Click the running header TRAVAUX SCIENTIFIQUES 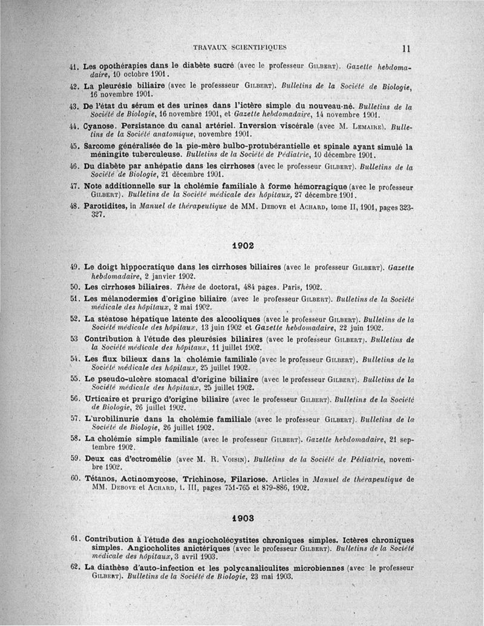click(x=240, y=47)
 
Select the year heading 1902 click(x=242, y=246)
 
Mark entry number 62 click(x=76, y=567)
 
